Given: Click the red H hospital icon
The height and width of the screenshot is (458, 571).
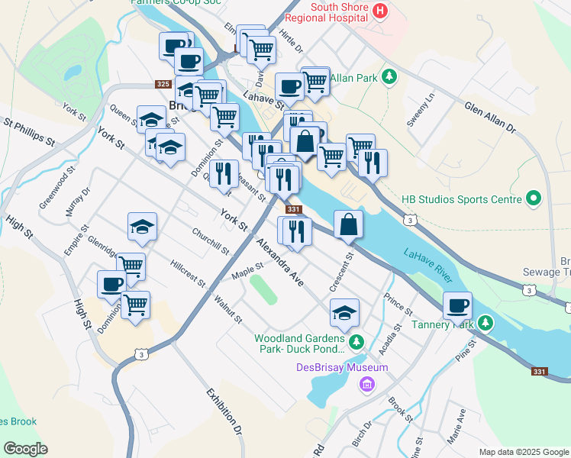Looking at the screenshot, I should pyautogui.click(x=381, y=11).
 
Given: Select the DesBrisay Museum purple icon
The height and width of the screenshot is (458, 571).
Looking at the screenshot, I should pyautogui.click(x=367, y=384).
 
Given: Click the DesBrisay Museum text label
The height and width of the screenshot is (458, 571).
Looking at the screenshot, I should pyautogui.click(x=342, y=368).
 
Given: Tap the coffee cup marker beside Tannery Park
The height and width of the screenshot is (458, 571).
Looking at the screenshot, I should pyautogui.click(x=457, y=305).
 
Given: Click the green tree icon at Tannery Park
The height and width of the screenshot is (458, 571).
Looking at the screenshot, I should pyautogui.click(x=485, y=324).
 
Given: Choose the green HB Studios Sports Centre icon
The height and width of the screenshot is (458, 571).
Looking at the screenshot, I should pyautogui.click(x=534, y=200).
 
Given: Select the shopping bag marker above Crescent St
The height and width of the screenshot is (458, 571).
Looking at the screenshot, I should pyautogui.click(x=348, y=224).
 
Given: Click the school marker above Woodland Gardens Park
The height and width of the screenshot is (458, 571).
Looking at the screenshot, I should pyautogui.click(x=344, y=311).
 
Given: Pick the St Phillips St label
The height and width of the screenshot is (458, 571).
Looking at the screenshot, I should pyautogui.click(x=29, y=131).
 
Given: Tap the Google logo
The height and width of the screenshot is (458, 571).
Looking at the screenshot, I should pyautogui.click(x=25, y=449).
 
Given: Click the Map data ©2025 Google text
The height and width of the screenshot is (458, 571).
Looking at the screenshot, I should pyautogui.click(x=523, y=452).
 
